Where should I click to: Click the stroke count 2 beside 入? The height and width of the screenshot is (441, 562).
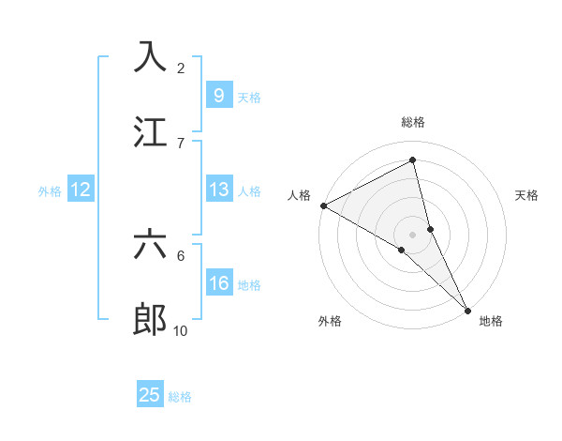point(181,68)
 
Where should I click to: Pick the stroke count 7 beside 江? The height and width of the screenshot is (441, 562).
point(181,143)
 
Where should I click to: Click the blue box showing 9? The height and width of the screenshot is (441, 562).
point(218,96)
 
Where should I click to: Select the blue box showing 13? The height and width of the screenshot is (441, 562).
point(218,190)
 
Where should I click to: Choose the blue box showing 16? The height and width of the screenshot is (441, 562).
point(218,283)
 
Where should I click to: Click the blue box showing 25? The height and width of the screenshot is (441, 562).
point(150,395)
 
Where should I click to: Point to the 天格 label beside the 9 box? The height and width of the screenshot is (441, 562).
point(249,97)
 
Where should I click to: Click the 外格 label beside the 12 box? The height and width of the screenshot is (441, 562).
point(50,191)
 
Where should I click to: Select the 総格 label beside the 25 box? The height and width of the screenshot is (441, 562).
point(180,396)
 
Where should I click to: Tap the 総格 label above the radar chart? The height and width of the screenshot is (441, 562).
point(413,122)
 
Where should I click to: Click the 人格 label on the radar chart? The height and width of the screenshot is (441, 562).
point(299,195)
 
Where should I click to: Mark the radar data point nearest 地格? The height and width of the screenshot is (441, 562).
point(467,310)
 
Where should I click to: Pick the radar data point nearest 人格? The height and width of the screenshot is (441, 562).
point(323,205)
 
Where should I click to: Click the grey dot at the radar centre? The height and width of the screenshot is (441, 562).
point(413,234)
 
